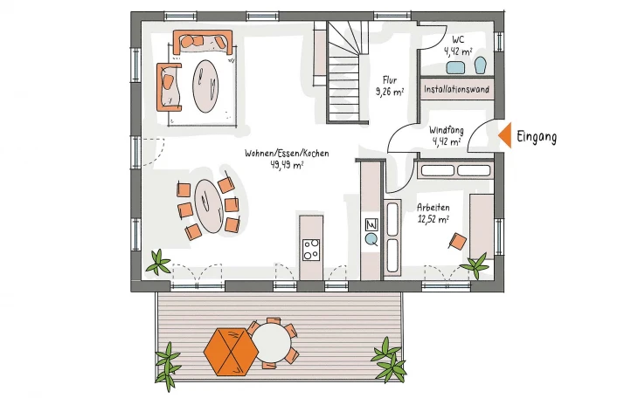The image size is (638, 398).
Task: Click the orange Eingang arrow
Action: click(x=506, y=135)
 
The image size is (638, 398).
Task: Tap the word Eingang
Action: click(x=537, y=137)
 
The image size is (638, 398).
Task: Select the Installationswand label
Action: click(x=456, y=89)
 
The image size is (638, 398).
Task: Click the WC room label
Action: click(x=458, y=40)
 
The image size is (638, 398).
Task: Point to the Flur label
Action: click(x=390, y=79)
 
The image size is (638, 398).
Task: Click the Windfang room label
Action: click(x=447, y=131)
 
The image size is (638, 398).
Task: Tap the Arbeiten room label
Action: click(x=433, y=208)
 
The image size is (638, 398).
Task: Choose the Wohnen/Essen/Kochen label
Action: click(x=287, y=154)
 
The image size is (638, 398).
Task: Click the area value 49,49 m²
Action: click(x=287, y=165)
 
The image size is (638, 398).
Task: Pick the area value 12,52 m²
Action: click(x=433, y=219)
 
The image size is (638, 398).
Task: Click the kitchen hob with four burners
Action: click(x=311, y=250)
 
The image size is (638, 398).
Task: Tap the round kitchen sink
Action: click(x=371, y=239)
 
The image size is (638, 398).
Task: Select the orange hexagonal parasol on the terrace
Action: click(x=231, y=352)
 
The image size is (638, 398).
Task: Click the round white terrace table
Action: click(x=272, y=341)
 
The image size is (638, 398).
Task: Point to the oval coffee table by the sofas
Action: click(x=205, y=86)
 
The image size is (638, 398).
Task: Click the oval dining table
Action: click(x=209, y=206)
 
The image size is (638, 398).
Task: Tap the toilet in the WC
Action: click(x=481, y=65)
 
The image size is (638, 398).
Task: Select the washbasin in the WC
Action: click(x=455, y=67)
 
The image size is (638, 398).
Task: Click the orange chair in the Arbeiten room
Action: click(x=458, y=241)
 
